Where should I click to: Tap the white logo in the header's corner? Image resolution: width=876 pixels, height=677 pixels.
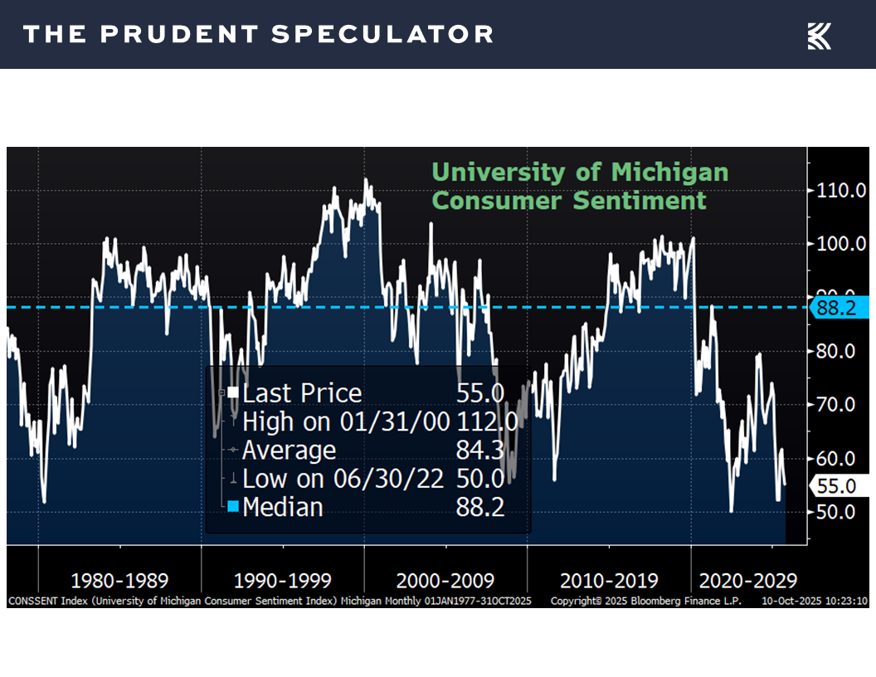tap(819, 36)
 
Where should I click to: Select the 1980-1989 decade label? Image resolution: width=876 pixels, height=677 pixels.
tap(119, 580)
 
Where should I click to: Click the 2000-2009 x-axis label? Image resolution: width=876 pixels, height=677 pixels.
tap(445, 580)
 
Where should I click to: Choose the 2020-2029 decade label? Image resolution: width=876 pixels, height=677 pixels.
tap(748, 580)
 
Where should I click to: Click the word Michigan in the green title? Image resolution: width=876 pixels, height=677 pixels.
tap(669, 173)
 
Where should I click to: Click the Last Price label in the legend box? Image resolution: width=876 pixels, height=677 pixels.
tap(302, 393)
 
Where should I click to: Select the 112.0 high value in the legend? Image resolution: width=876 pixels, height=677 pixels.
tap(486, 421)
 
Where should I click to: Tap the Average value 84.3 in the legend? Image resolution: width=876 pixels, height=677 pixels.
tap(479, 451)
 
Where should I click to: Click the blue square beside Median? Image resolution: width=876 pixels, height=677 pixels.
tap(233, 506)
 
